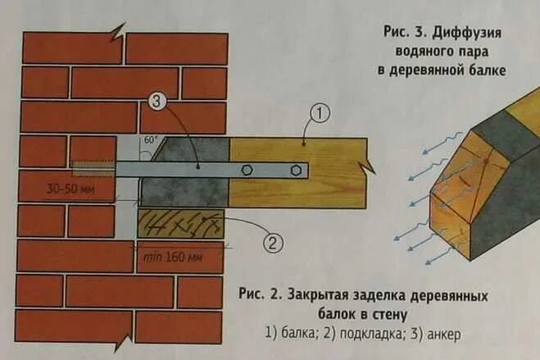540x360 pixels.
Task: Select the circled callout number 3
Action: (x=157, y=103)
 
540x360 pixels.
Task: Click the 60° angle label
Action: (x=152, y=140)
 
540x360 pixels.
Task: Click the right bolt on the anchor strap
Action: (x=295, y=171)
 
